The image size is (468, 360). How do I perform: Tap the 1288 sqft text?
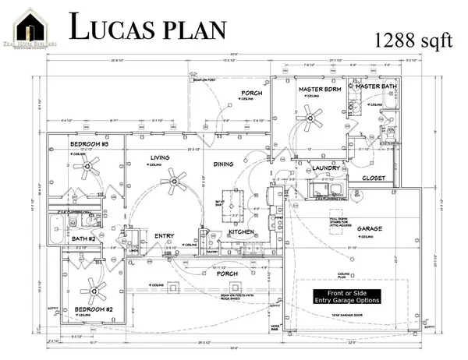click(x=414, y=41)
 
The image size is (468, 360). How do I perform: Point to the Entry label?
click(x=165, y=235)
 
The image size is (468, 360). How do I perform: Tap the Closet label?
click(x=378, y=178)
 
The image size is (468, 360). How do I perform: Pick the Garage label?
click(x=370, y=229)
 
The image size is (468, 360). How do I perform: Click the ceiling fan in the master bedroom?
click(x=314, y=118)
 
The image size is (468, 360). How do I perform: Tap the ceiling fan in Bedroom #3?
click(x=91, y=164)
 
